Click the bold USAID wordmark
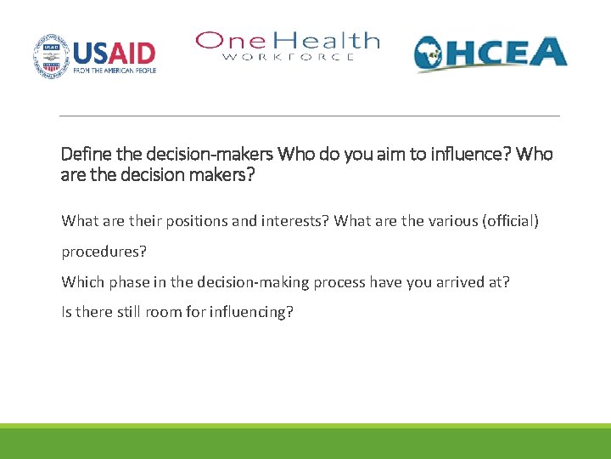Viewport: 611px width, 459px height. click(115, 54)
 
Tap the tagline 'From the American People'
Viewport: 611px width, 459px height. click(115, 71)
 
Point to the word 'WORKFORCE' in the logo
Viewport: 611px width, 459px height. click(289, 57)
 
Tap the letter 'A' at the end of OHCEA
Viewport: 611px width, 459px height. click(549, 52)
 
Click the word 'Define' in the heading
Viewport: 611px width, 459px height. click(83, 154)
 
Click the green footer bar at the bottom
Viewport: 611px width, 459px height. click(305, 444)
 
